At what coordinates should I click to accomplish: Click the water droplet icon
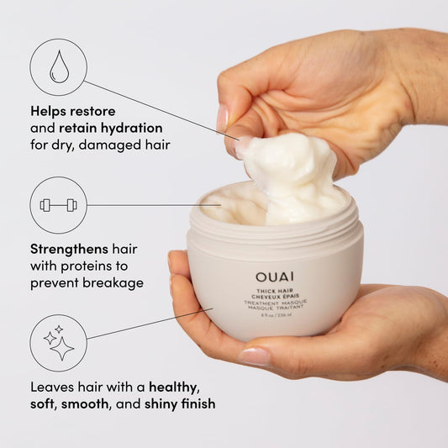(x=58, y=67)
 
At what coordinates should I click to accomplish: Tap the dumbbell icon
(x=58, y=205)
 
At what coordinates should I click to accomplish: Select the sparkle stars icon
(x=58, y=343)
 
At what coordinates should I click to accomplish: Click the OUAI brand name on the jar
(x=275, y=277)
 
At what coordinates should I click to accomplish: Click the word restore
(x=93, y=111)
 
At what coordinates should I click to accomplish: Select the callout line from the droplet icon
(x=160, y=109)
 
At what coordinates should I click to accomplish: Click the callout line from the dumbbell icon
(x=151, y=205)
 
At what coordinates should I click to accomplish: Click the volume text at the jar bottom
(x=275, y=318)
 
